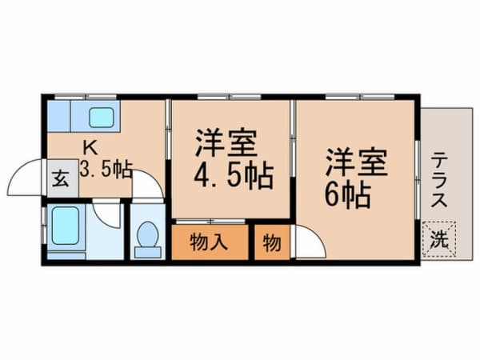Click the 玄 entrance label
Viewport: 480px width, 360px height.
click(x=60, y=178)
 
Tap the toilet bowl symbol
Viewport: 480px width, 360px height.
click(x=148, y=234)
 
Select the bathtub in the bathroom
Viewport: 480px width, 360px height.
click(x=66, y=226)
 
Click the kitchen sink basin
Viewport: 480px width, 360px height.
click(x=102, y=118)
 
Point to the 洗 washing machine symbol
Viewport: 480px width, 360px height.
click(x=439, y=239)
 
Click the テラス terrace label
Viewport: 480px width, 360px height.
click(x=439, y=180)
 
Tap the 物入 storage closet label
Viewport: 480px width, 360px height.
click(x=209, y=242)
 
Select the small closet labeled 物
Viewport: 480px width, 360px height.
click(x=272, y=242)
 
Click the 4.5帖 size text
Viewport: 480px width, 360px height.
click(x=234, y=176)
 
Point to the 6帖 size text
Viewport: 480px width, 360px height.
click(x=348, y=196)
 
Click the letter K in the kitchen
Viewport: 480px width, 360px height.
click(x=91, y=149)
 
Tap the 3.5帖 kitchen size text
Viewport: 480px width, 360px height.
click(x=106, y=170)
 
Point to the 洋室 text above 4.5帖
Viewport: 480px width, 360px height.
click(x=226, y=143)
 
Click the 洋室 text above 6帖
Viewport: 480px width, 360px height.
click(x=356, y=162)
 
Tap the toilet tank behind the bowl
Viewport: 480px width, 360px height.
click(x=148, y=252)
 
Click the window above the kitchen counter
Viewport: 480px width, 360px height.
click(x=86, y=97)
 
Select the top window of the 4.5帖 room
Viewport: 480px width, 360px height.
click(x=230, y=97)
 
